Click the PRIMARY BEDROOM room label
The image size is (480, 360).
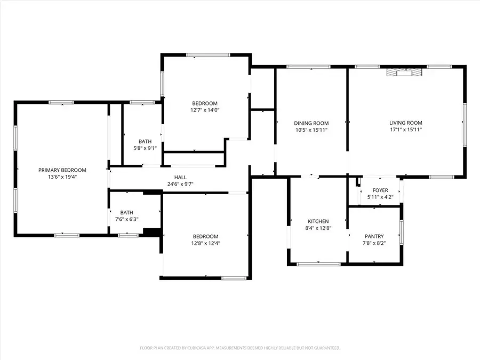click(x=62, y=170)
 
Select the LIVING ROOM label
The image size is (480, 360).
click(x=406, y=123)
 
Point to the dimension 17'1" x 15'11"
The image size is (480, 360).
click(x=406, y=129)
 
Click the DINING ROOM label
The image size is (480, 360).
click(x=311, y=123)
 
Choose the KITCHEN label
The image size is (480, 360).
click(x=318, y=221)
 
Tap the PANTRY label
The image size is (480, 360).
click(x=374, y=236)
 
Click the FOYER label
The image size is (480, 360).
click(x=380, y=190)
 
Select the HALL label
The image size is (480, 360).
click(x=180, y=178)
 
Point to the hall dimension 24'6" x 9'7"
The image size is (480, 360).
click(x=180, y=184)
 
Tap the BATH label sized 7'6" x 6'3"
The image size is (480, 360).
click(x=126, y=212)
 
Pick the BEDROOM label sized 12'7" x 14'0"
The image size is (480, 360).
click(x=205, y=103)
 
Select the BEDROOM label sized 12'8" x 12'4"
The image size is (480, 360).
click(x=205, y=236)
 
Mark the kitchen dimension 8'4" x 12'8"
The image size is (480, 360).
click(x=318, y=228)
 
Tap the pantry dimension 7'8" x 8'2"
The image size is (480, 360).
click(x=374, y=243)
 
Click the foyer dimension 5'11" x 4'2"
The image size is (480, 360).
click(x=380, y=197)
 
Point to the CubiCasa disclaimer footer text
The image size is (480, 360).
click(x=240, y=348)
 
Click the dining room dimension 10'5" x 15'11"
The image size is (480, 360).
click(x=311, y=129)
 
